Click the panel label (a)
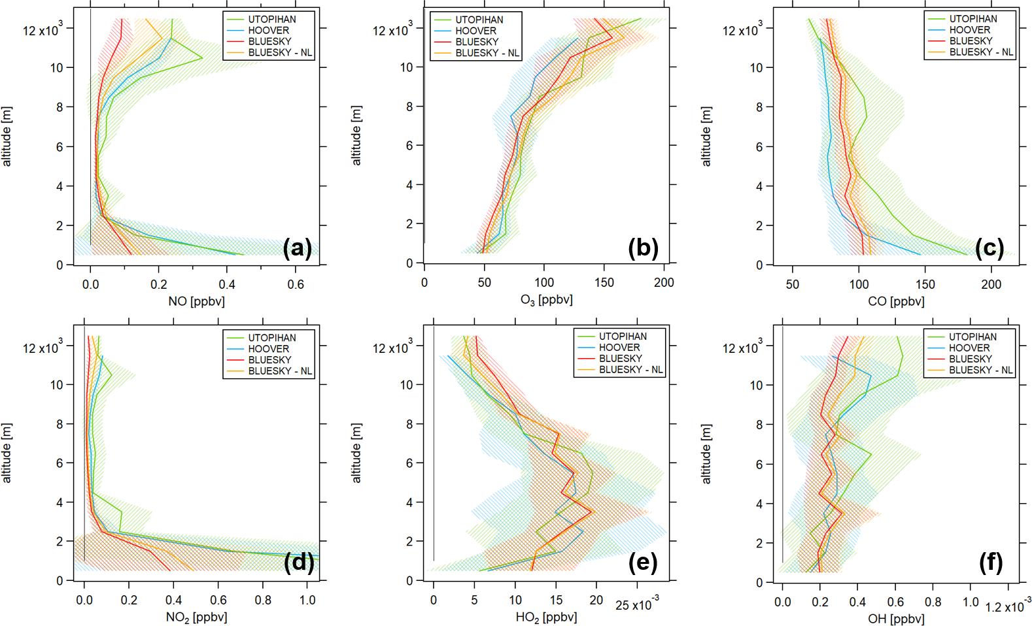[x=298, y=248]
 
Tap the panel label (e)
[x=642, y=562]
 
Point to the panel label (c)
[x=989, y=248]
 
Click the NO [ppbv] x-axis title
[x=196, y=301]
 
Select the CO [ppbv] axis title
[x=896, y=301]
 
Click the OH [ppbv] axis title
[x=896, y=618]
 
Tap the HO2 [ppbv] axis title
[x=546, y=618]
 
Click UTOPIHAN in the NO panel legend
[x=271, y=19]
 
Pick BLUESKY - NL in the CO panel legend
[x=981, y=52]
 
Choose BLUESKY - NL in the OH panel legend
[x=980, y=370]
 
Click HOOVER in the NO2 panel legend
[x=268, y=349]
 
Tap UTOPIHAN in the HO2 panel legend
[x=623, y=337]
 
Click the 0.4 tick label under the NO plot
[x=227, y=284]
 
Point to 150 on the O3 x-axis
[x=604, y=282]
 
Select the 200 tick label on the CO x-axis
[x=991, y=284]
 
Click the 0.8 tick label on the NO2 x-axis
[x=263, y=600]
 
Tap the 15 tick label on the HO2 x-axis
[x=556, y=600]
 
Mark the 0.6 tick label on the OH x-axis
[x=896, y=602]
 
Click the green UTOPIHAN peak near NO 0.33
[x=202, y=58]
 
